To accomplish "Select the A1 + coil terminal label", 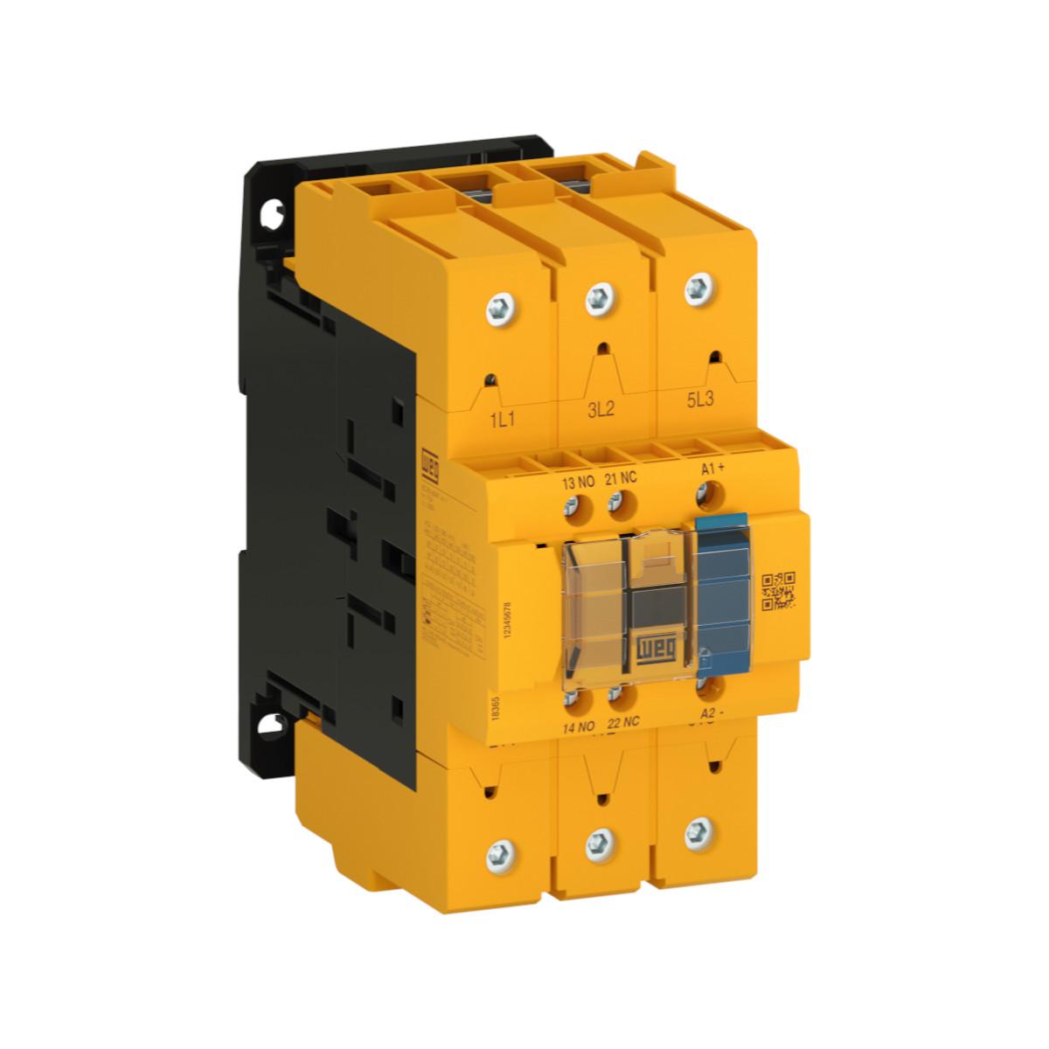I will coord(713,469).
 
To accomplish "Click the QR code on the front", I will coord(779,590).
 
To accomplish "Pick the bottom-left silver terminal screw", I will coord(497,849).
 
